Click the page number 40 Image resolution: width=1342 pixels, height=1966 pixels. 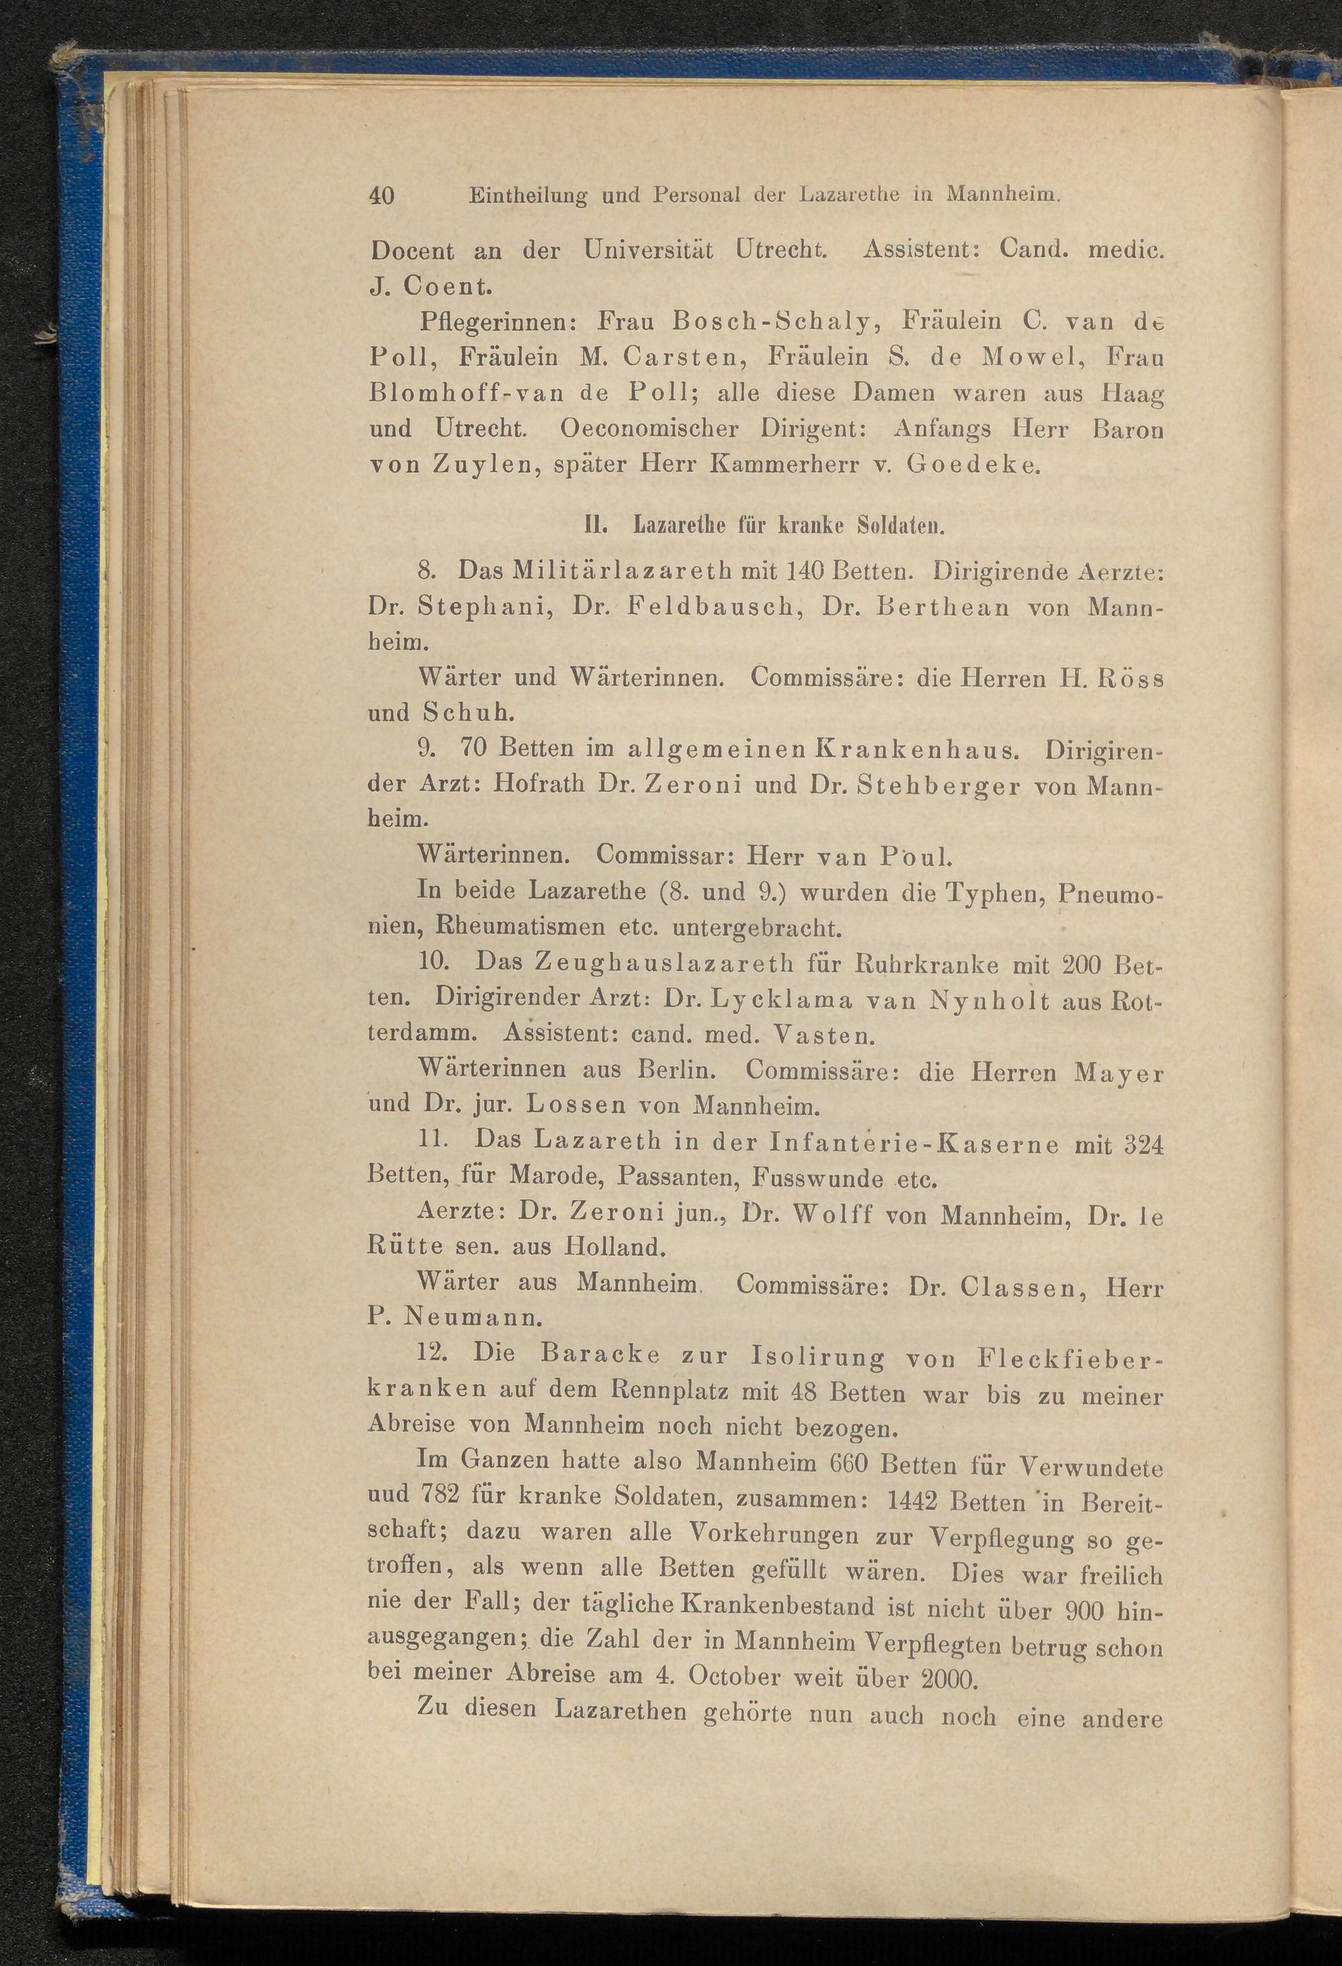(381, 195)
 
